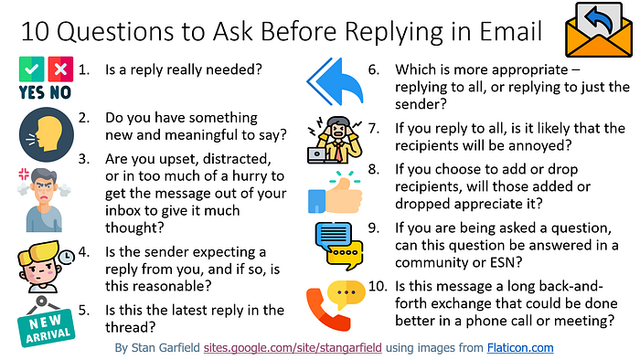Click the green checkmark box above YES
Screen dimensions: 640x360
pos(31,69)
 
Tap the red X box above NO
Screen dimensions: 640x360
pos(60,69)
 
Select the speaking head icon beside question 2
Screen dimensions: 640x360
pos(46,134)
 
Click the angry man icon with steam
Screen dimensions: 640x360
pos(44,200)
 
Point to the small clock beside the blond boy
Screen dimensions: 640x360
pos(67,257)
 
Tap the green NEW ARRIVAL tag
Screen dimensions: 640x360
pos(46,327)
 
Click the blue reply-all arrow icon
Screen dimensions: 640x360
pos(336,80)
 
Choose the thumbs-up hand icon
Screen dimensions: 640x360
pos(335,195)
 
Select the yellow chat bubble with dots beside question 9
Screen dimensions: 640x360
pos(346,254)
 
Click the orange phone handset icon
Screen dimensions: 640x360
pos(325,311)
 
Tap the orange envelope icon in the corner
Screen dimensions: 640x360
pos(599,30)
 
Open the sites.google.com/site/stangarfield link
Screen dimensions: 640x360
pos(293,348)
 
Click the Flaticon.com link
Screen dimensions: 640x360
pos(520,348)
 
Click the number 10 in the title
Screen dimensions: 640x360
pos(35,31)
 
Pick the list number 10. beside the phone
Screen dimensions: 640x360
pos(378,286)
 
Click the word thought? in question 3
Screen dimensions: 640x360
pos(134,228)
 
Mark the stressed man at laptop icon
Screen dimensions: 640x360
pos(335,140)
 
